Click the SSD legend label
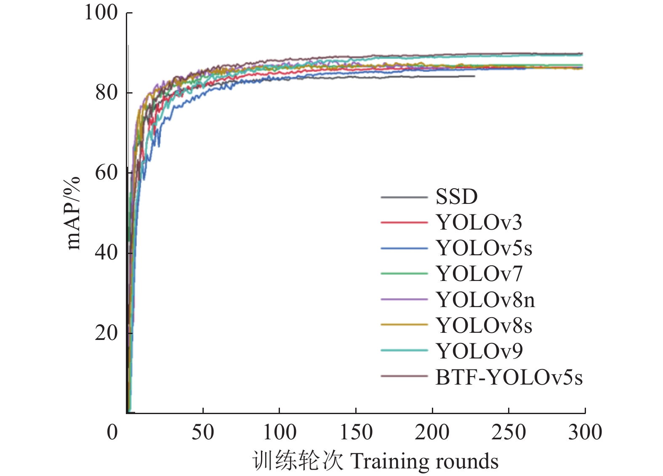click(456, 197)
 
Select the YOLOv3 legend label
click(479, 222)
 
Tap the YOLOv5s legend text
click(484, 248)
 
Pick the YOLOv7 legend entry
click(479, 274)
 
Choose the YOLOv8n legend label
click(485, 300)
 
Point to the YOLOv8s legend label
click(484, 326)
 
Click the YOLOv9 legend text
click(479, 351)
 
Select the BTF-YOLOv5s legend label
click(509, 377)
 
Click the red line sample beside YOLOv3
click(404, 222)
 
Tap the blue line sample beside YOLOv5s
click(404, 248)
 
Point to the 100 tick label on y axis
click(101, 12)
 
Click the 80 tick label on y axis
click(106, 92)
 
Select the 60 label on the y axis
click(106, 172)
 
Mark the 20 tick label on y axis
click(106, 333)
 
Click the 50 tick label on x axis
click(203, 433)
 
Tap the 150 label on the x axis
click(356, 433)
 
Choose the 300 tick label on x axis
click(585, 433)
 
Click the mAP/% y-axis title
click(73, 213)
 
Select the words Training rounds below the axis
click(424, 461)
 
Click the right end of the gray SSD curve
click(474, 76)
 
